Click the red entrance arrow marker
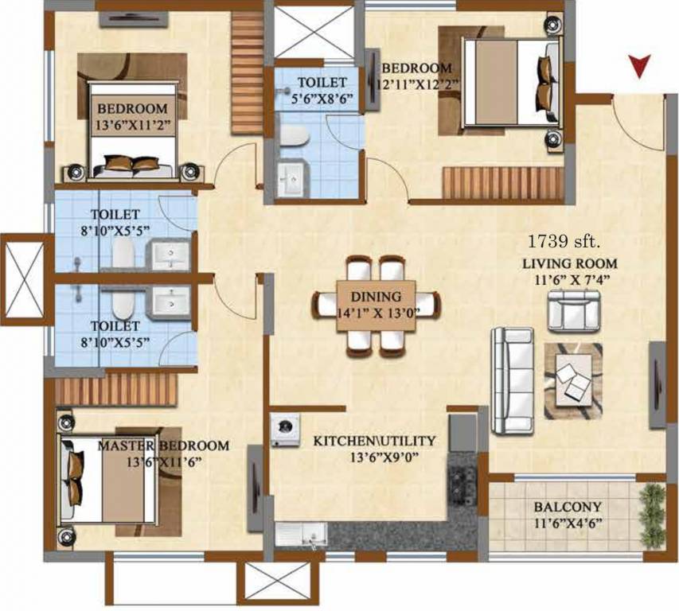(639, 66)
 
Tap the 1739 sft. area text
(564, 240)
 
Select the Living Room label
(570, 263)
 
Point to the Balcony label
(568, 507)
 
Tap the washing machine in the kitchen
(283, 430)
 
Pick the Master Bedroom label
(163, 446)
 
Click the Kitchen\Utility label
(373, 441)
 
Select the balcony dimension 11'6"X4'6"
(568, 523)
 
